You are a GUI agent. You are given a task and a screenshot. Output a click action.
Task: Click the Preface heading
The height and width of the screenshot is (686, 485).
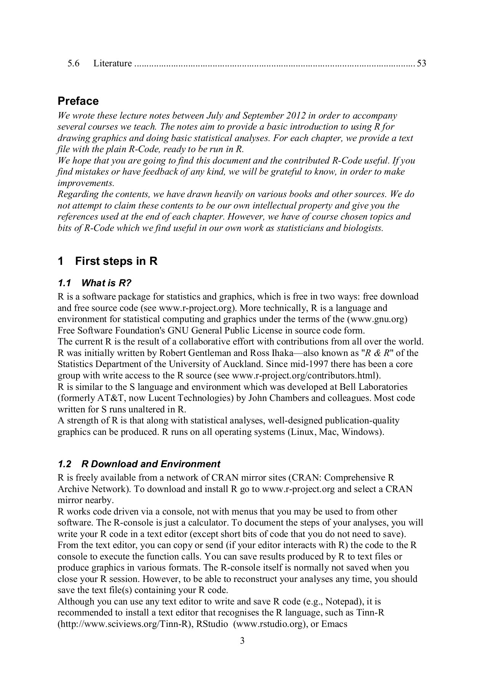tap(78, 101)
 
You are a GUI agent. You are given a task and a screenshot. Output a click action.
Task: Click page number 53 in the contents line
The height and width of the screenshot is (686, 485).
tap(421, 63)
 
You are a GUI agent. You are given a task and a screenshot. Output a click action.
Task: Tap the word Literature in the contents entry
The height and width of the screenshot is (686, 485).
tap(113, 63)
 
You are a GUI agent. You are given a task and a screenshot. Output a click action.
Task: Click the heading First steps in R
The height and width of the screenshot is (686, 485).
tap(116, 261)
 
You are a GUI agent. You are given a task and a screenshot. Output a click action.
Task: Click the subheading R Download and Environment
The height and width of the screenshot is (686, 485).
tap(150, 464)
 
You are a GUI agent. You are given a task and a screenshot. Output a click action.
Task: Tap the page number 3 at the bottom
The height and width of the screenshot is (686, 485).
tap(242, 640)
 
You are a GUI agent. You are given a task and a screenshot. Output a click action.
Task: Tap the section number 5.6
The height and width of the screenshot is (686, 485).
tap(73, 63)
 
